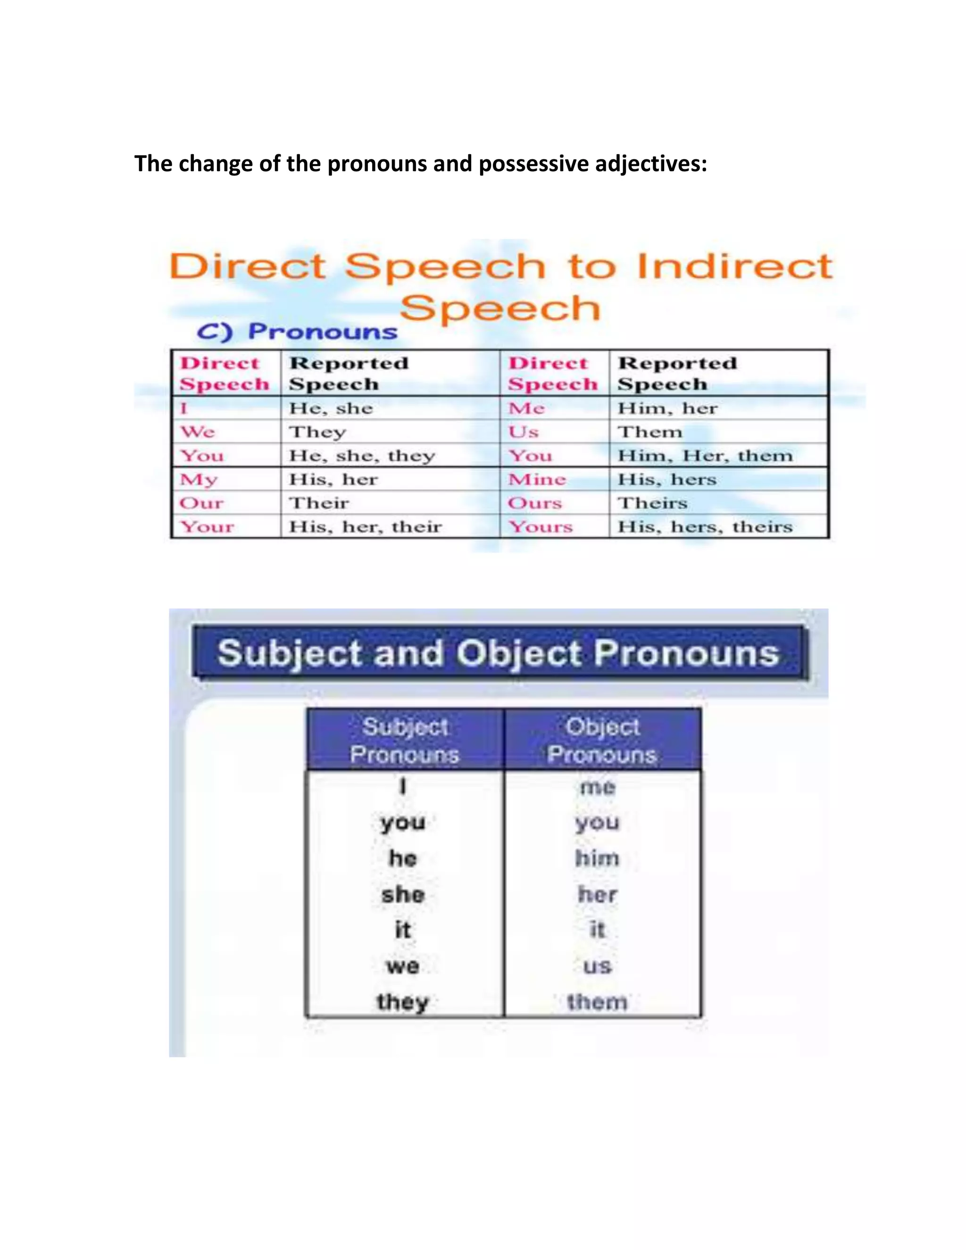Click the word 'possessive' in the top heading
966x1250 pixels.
534,164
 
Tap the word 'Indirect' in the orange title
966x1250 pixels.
734,267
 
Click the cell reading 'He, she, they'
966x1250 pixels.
362,456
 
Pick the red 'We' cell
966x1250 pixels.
198,432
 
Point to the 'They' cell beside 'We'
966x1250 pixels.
317,432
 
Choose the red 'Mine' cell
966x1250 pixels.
537,480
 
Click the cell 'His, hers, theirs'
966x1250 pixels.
705,526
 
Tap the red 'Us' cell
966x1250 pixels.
523,432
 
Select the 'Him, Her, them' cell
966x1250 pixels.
705,456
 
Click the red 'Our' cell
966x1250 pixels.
201,503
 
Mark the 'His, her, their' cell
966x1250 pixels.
365,526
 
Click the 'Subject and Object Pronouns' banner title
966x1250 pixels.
498,653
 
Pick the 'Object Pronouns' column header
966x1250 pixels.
602,741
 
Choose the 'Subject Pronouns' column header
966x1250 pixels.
405,741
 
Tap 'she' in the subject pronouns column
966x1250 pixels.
403,894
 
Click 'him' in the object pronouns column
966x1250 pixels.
597,858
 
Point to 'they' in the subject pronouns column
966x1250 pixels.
403,1002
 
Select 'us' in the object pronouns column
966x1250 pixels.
597,966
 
